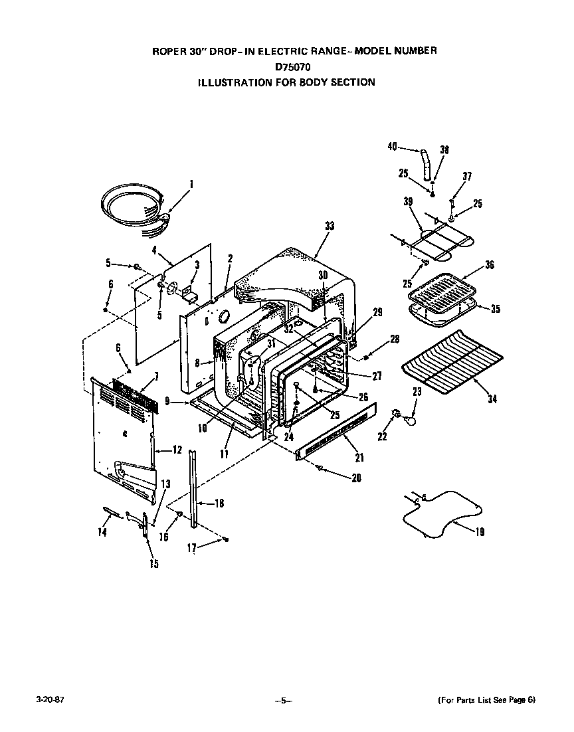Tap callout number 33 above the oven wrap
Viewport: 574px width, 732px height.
tap(329, 227)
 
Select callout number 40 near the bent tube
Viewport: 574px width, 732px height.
tap(392, 147)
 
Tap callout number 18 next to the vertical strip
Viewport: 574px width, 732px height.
tap(219, 503)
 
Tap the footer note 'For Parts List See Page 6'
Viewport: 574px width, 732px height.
tap(486, 700)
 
